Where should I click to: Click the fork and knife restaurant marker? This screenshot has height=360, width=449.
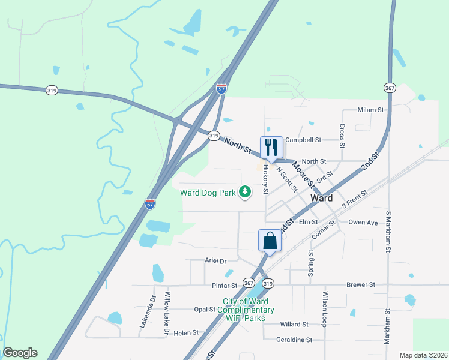(x=271, y=147)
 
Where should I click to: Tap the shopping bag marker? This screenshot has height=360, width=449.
(x=270, y=241)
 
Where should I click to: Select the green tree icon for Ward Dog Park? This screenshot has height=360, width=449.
(x=245, y=192)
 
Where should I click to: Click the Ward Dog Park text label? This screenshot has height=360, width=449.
(x=208, y=193)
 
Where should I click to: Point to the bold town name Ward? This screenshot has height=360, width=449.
(x=322, y=198)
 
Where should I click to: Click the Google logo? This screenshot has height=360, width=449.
(x=20, y=353)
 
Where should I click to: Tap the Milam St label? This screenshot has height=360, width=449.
(x=370, y=110)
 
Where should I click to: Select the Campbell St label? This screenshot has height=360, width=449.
(x=303, y=140)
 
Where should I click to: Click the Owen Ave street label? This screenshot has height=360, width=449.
(x=363, y=222)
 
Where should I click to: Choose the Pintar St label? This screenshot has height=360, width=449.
(x=225, y=286)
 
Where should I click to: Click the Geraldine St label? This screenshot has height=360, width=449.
(x=294, y=340)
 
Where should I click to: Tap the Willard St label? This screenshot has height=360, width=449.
(x=294, y=324)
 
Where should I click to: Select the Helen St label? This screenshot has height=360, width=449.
(x=186, y=332)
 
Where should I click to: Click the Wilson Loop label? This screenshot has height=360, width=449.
(x=325, y=309)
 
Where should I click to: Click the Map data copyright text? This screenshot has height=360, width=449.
(x=423, y=355)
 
